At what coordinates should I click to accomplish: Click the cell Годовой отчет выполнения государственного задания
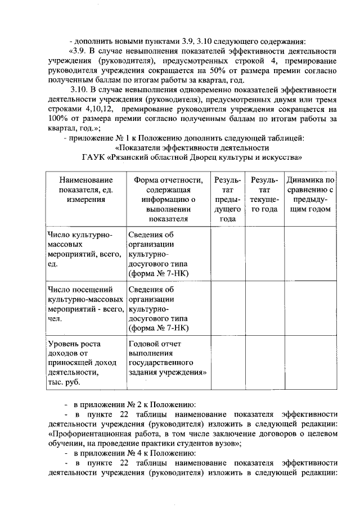pyautogui.click(x=167, y=358)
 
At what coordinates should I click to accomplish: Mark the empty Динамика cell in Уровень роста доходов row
pyautogui.click(x=310, y=362)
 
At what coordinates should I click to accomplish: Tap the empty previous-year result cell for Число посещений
pyautogui.click(x=228, y=308)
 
